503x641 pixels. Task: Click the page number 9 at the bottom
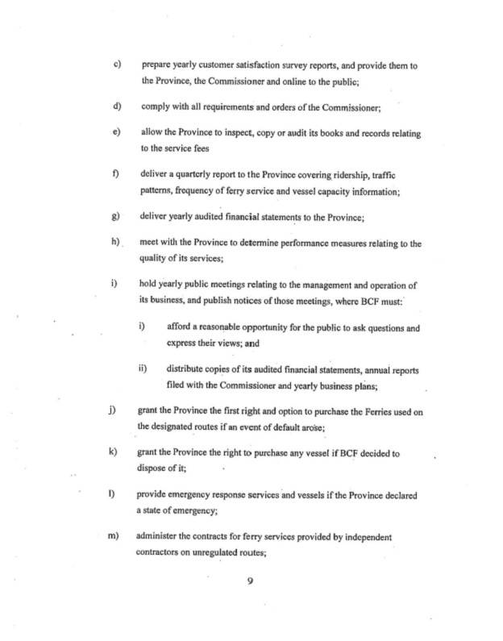tap(251, 585)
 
